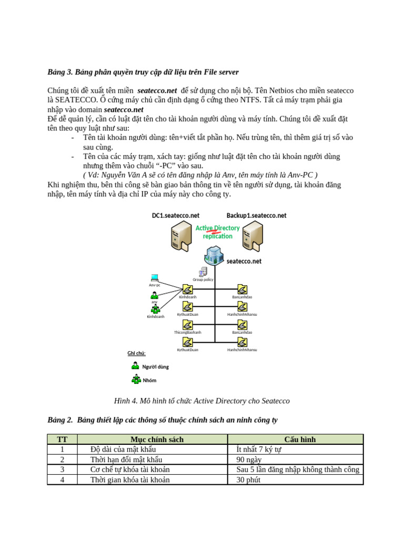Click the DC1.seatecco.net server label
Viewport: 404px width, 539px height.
point(176,215)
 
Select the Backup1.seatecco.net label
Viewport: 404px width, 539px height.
point(256,215)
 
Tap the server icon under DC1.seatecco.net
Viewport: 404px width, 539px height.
point(181,235)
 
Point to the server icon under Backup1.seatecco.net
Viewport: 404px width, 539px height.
point(252,235)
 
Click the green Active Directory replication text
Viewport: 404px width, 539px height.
point(217,232)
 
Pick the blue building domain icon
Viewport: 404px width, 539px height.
point(214,255)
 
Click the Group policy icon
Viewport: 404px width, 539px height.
point(203,272)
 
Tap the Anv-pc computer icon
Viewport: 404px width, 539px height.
point(155,277)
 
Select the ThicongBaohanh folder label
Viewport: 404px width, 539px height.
point(188,333)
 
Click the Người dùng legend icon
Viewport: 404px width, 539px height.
point(135,366)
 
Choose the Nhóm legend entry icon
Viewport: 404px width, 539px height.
point(136,379)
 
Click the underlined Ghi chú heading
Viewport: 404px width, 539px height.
point(136,353)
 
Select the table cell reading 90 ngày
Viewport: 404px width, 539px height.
point(249,460)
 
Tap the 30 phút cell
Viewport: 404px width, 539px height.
point(248,480)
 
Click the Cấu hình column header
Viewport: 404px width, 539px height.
point(300,440)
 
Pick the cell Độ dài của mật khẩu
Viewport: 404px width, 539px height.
point(123,450)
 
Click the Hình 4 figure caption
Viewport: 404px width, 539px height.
point(201,401)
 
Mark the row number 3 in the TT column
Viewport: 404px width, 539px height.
point(62,470)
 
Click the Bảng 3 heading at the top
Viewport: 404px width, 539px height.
point(143,72)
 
